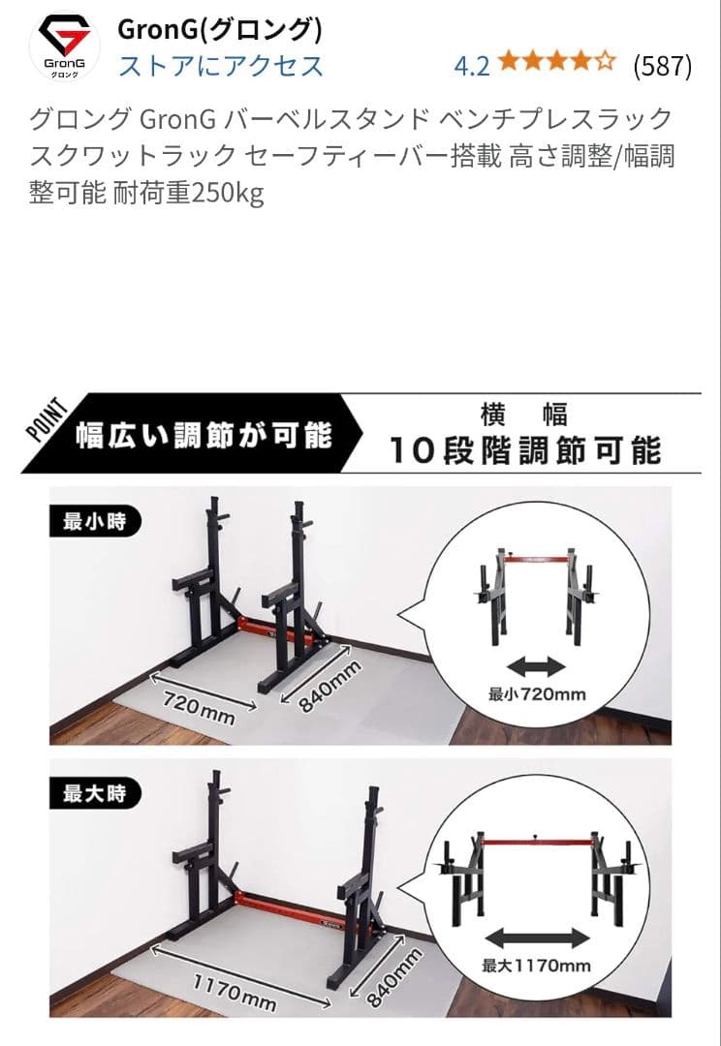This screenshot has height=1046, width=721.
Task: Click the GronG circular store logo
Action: pos(65,46)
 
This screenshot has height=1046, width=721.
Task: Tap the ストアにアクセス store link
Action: pos(220,66)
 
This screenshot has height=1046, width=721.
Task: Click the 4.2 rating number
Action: pos(472,66)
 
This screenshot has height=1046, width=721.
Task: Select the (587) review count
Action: pos(662,66)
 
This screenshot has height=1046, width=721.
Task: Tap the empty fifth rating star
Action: pos(606,65)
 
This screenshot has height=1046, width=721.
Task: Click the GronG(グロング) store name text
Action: pos(219,29)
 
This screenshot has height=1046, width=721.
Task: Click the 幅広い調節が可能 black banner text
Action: pos(204,435)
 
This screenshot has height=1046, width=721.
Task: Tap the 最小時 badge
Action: pos(95,522)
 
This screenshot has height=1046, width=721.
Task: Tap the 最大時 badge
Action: pos(95,794)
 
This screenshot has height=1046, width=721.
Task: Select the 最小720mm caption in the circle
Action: pos(537,693)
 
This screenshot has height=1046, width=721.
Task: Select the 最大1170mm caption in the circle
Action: pos(537,966)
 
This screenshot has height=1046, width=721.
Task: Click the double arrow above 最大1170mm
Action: pos(537,938)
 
